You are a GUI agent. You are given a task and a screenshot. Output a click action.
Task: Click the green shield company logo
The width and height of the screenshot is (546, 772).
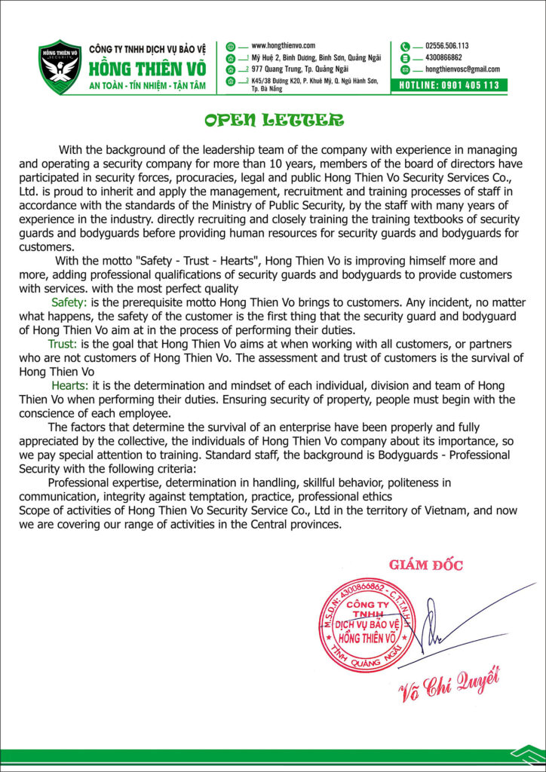(x=60, y=66)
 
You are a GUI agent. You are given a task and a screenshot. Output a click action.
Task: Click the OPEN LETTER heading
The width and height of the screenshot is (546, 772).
(x=273, y=121)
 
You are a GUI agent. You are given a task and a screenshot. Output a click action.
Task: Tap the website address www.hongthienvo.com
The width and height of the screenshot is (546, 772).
(x=283, y=46)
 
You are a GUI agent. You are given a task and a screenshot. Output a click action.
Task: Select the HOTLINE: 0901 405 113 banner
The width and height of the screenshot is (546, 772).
(x=448, y=85)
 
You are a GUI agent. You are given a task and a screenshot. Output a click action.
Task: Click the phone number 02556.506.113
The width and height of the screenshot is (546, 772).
(x=447, y=46)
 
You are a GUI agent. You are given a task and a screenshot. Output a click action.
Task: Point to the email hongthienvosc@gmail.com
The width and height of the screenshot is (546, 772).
(x=462, y=69)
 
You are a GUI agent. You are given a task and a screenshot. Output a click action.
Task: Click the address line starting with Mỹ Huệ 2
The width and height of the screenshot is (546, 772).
(x=309, y=57)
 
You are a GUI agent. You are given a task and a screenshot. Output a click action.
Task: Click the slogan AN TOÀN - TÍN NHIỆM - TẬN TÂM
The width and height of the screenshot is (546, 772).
(x=147, y=85)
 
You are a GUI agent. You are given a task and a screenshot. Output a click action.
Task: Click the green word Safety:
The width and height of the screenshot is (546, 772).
(x=69, y=302)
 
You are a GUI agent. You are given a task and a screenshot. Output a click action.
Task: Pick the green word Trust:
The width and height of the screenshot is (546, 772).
(x=63, y=344)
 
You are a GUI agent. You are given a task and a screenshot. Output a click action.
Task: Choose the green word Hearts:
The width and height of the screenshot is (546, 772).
(x=69, y=385)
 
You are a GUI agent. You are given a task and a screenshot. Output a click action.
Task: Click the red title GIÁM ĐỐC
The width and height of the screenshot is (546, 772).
(x=426, y=565)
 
